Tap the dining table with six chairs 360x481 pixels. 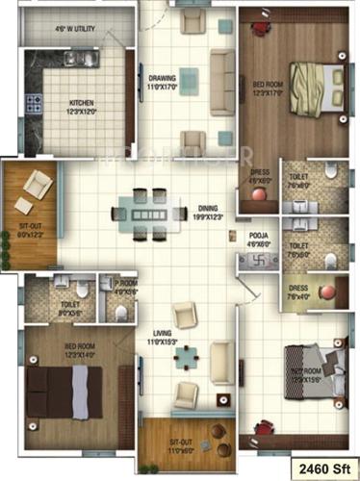point(147,215)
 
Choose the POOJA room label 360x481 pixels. point(258,239)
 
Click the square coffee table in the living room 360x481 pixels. point(187,356)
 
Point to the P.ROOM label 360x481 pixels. point(126,286)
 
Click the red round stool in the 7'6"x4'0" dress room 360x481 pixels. point(326,291)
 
